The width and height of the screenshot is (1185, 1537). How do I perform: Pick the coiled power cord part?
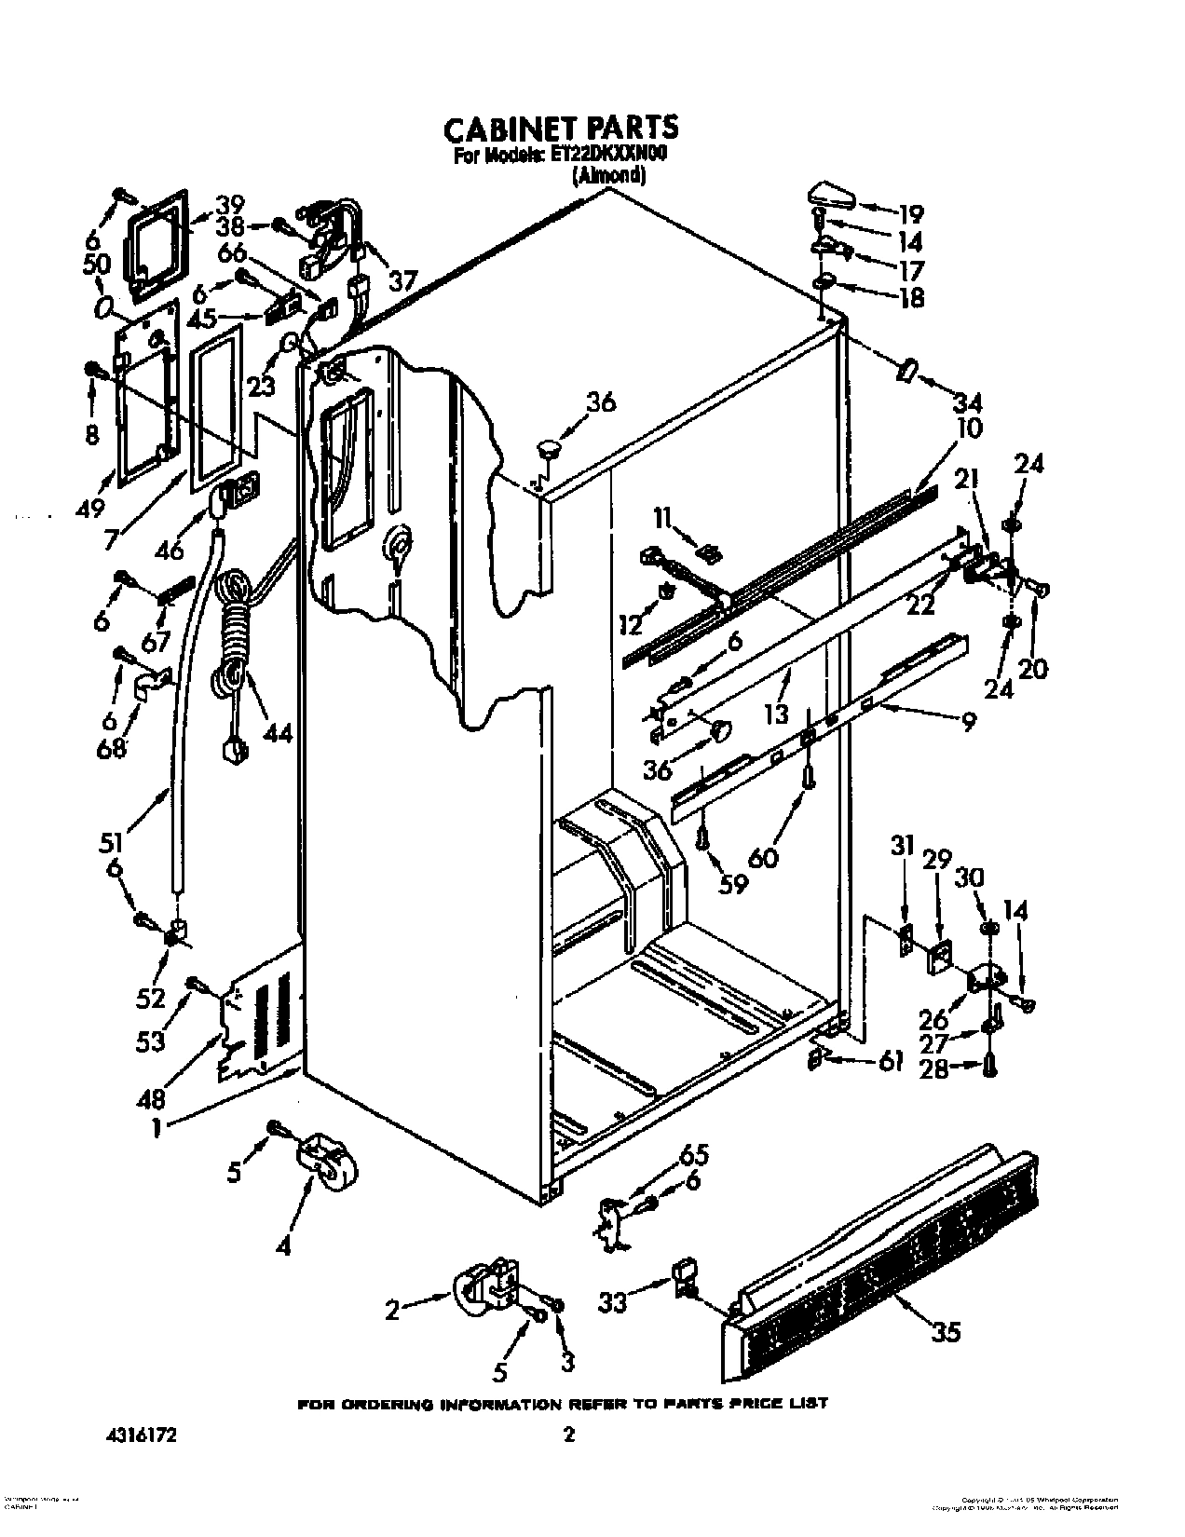[x=232, y=643]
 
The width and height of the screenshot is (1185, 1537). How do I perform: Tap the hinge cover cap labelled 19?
[x=831, y=197]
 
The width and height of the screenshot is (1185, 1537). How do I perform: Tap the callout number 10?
[x=969, y=429]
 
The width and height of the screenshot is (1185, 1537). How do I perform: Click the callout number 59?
[x=733, y=883]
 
